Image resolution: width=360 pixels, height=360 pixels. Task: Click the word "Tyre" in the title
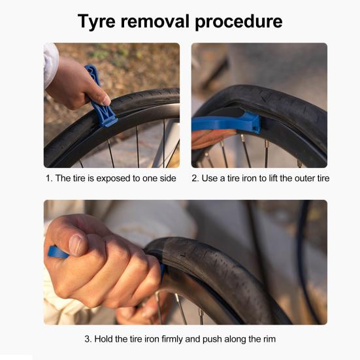point(97,22)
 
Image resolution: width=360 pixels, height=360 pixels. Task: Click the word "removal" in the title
point(155,22)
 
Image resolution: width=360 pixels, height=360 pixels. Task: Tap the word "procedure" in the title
point(238,22)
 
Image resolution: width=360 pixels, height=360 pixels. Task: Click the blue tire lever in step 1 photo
point(101,96)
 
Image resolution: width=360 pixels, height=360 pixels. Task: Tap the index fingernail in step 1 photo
point(106,101)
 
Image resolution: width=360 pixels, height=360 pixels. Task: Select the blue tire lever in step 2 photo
point(226,122)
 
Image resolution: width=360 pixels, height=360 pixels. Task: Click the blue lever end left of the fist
point(57,252)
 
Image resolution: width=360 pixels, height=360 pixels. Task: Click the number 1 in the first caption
point(48,178)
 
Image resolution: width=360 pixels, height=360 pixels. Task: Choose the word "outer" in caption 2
point(305,178)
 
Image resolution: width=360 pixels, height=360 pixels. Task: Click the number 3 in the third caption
point(88,339)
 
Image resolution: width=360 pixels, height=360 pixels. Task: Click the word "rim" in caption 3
point(269,339)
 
